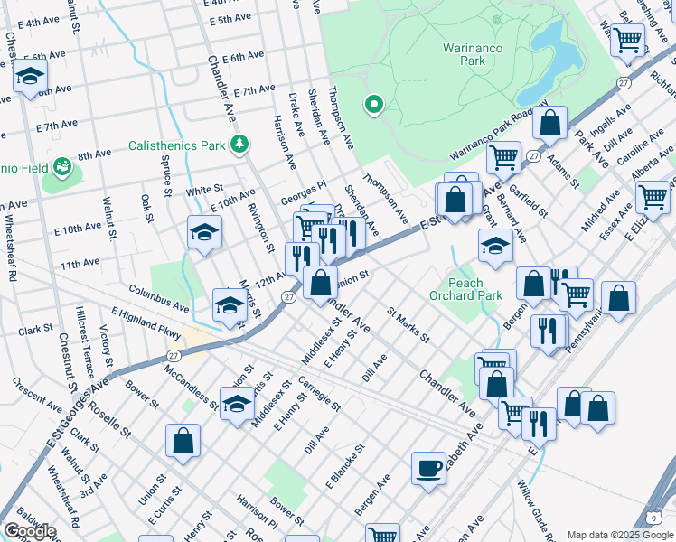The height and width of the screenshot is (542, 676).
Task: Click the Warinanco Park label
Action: click(465, 54)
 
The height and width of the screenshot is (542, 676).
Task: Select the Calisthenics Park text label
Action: click(176, 145)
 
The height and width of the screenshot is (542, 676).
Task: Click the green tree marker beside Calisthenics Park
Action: click(239, 144)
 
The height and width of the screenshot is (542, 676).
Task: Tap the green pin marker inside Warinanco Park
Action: click(372, 106)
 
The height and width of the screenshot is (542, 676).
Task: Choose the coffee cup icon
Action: click(428, 469)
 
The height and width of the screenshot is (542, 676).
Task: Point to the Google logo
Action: click(29, 531)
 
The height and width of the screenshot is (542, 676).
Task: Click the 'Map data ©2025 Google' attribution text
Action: click(619, 535)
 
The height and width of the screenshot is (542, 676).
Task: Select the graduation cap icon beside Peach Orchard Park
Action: click(494, 246)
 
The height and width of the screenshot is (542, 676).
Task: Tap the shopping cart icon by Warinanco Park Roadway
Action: click(503, 157)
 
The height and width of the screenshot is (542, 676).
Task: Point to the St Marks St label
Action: click(408, 325)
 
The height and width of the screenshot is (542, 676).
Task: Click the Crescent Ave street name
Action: click(37, 393)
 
